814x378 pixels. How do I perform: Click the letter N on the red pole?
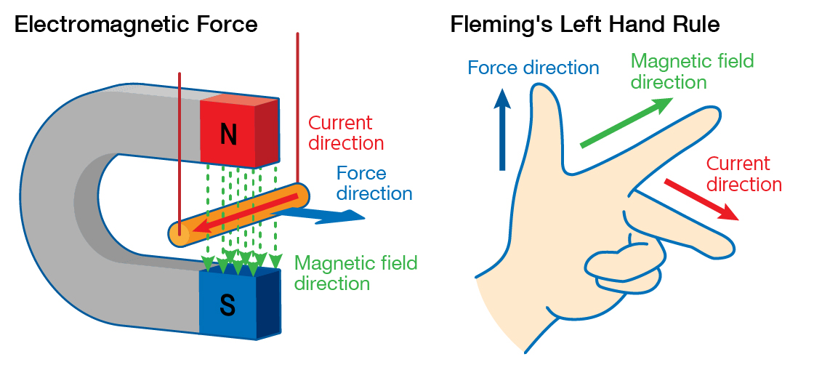click(x=228, y=134)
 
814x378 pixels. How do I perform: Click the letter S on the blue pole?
click(x=227, y=306)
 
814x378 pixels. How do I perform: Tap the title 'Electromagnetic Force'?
click(x=136, y=25)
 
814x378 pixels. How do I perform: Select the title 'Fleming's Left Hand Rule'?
click(x=585, y=25)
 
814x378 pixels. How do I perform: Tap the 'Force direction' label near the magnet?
click(x=374, y=183)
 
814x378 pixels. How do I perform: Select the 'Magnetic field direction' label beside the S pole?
click(x=356, y=273)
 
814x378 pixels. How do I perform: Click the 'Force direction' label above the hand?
click(x=533, y=68)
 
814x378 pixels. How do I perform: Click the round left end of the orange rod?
click(x=178, y=235)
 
